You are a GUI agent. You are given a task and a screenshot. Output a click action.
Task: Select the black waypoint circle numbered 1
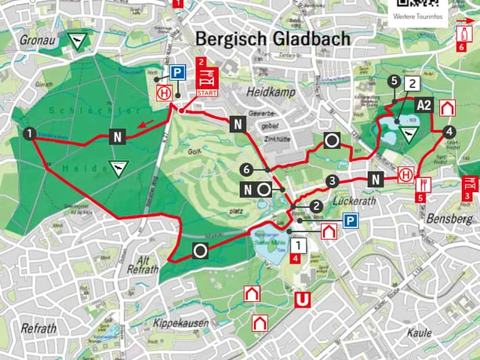29,134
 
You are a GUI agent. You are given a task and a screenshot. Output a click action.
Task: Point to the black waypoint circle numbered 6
246,169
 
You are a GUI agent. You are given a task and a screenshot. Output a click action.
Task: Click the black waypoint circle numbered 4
449,132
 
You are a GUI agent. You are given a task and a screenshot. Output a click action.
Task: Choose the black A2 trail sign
424,105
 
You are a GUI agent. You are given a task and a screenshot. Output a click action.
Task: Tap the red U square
300,299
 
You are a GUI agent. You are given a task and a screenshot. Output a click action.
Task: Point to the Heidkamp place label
269,93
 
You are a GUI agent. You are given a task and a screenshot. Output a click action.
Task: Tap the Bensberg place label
447,219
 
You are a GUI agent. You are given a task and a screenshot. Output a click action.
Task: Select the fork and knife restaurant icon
424,184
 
